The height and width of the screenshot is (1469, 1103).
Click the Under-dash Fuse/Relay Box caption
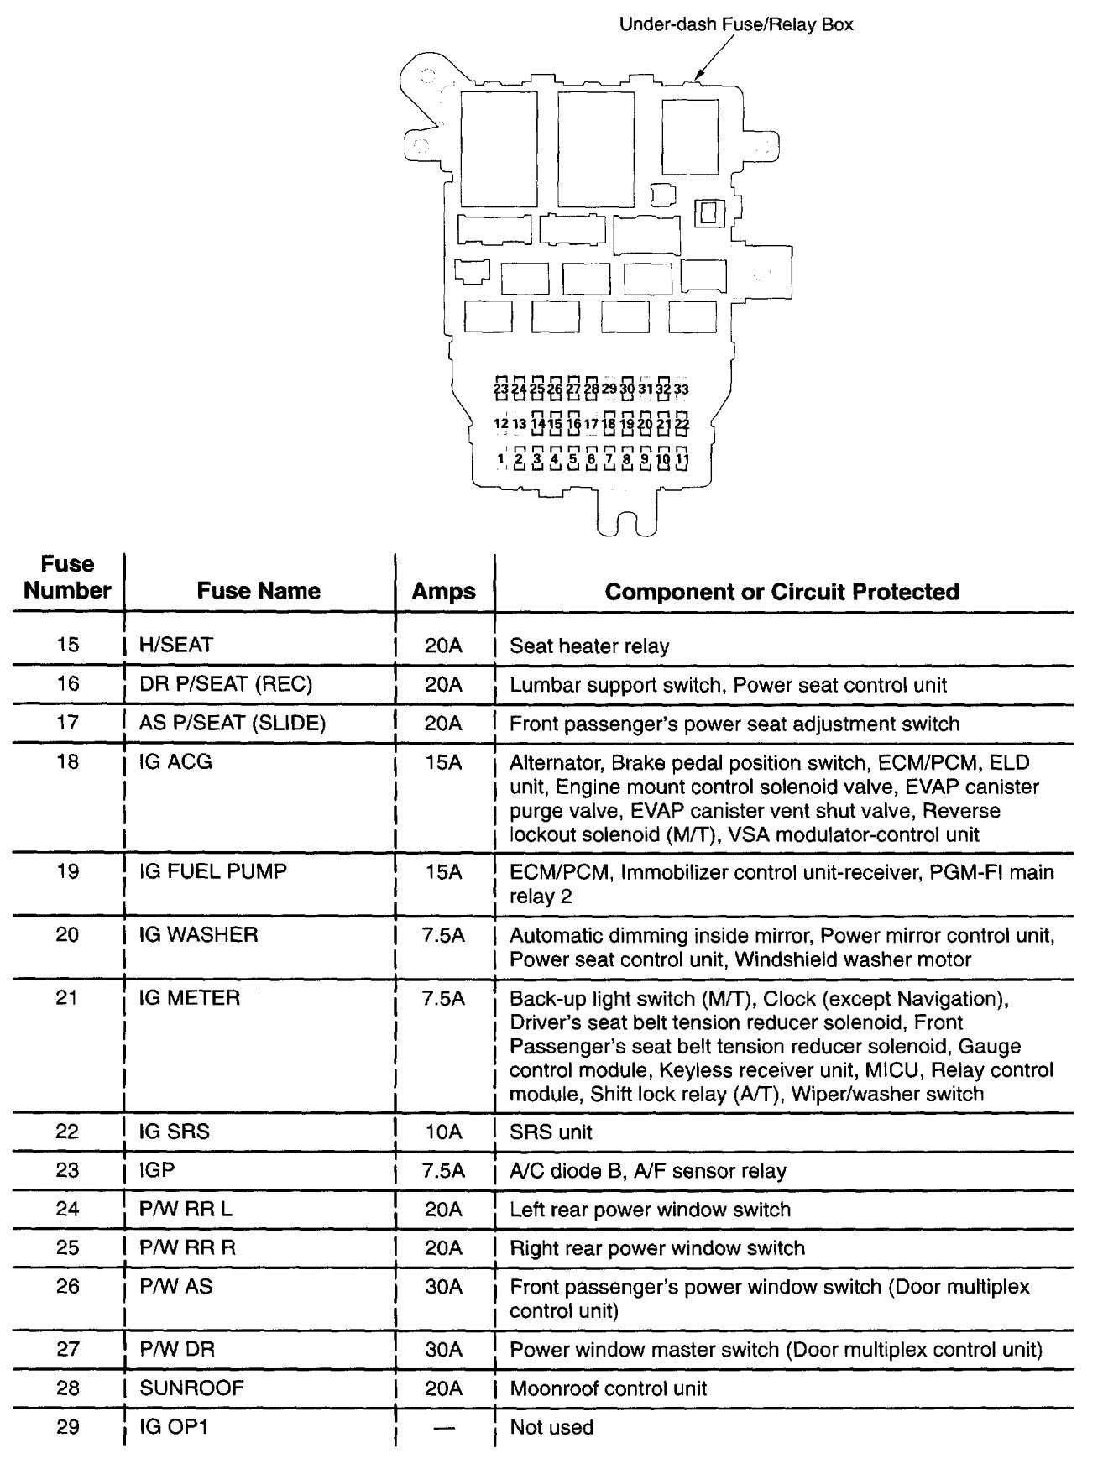pos(735,24)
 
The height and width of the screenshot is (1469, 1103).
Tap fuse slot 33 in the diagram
pos(682,389)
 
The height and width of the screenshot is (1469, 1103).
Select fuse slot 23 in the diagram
pos(501,389)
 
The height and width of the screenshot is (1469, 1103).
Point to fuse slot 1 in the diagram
pos(501,459)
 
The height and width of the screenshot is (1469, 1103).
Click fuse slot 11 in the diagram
pos(682,459)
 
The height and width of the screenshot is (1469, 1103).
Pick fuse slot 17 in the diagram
pos(591,425)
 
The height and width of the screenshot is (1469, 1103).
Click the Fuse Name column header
pos(259,591)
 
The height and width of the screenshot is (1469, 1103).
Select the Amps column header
pos(443,591)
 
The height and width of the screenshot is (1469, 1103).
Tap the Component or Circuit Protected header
pos(782,591)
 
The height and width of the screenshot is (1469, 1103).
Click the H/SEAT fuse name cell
pos(176,645)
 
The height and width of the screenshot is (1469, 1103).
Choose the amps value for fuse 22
pos(443,1132)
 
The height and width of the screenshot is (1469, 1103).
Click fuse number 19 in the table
pos(67,871)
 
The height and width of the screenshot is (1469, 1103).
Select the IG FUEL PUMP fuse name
pos(213,871)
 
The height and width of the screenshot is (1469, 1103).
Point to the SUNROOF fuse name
pos(191,1388)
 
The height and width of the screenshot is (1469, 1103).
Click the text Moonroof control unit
pos(609,1388)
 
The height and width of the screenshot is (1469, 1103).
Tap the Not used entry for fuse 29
pos(551,1427)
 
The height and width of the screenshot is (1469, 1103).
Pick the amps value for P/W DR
pos(443,1350)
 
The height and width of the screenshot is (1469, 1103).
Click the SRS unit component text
pos(551,1132)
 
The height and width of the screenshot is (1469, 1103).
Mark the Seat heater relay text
pos(589,646)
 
